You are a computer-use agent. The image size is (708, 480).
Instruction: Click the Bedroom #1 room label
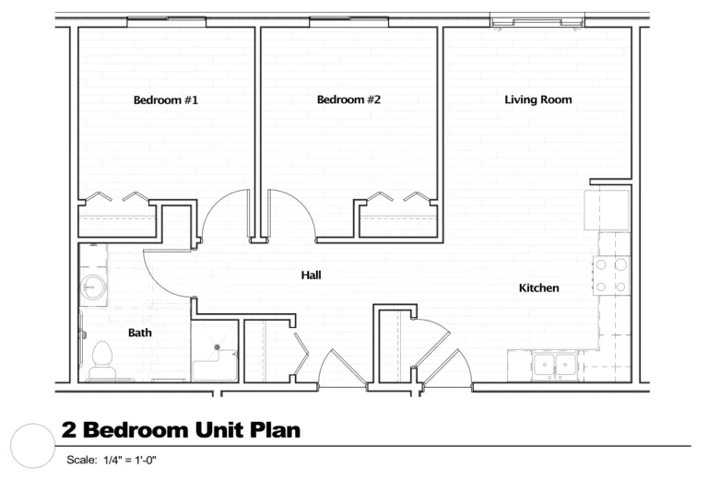[166, 100]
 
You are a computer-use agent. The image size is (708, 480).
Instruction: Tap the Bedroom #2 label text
[348, 100]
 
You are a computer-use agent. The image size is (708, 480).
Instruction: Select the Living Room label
[538, 100]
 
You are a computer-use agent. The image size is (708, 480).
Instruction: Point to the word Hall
[311, 275]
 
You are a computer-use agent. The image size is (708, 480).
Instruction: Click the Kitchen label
[538, 287]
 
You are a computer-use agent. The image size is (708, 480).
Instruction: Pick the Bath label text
[140, 333]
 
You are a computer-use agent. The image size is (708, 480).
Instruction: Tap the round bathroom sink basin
[94, 287]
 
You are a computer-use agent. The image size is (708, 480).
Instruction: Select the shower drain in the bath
[218, 347]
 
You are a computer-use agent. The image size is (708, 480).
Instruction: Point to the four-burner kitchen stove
[611, 275]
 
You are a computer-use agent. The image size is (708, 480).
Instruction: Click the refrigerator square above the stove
[607, 210]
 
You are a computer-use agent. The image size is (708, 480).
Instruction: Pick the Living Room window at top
[537, 21]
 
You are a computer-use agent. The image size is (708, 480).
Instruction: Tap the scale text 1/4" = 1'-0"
[130, 460]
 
